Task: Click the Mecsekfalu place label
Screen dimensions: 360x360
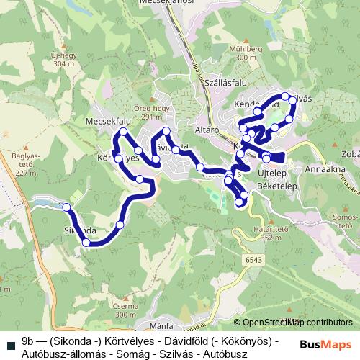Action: pos(107,121)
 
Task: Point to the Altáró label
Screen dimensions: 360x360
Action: pos(207,130)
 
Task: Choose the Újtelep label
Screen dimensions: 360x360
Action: pos(274,174)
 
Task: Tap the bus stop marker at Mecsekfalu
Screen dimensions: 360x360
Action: pos(123,132)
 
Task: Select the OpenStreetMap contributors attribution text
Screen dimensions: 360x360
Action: pos(297,323)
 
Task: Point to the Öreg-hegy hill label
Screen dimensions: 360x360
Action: pos(153,109)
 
